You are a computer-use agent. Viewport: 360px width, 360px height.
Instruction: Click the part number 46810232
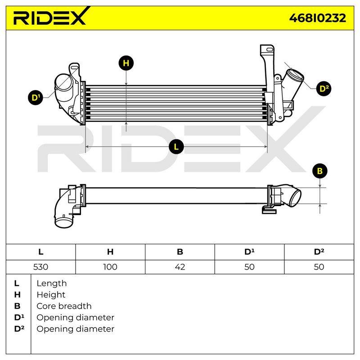click(318, 18)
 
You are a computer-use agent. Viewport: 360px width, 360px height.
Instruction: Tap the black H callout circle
click(126, 63)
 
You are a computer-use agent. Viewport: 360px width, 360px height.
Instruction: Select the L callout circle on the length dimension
click(176, 147)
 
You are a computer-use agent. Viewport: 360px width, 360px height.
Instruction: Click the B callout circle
click(319, 171)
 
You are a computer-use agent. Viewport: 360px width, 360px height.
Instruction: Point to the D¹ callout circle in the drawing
click(36, 98)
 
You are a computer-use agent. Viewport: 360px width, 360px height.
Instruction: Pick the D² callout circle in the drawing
click(324, 88)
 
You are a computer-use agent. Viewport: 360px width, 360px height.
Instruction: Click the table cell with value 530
click(40, 267)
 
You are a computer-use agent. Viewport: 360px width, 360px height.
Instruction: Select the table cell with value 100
click(110, 267)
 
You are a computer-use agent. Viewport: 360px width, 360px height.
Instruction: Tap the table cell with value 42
click(180, 267)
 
